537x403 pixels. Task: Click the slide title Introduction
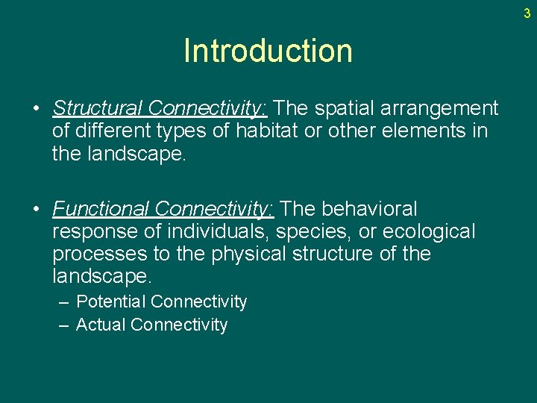268,51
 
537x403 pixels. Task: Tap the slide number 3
527,13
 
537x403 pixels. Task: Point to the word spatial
346,108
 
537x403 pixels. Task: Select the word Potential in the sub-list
111,302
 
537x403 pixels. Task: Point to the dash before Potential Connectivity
64,302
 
